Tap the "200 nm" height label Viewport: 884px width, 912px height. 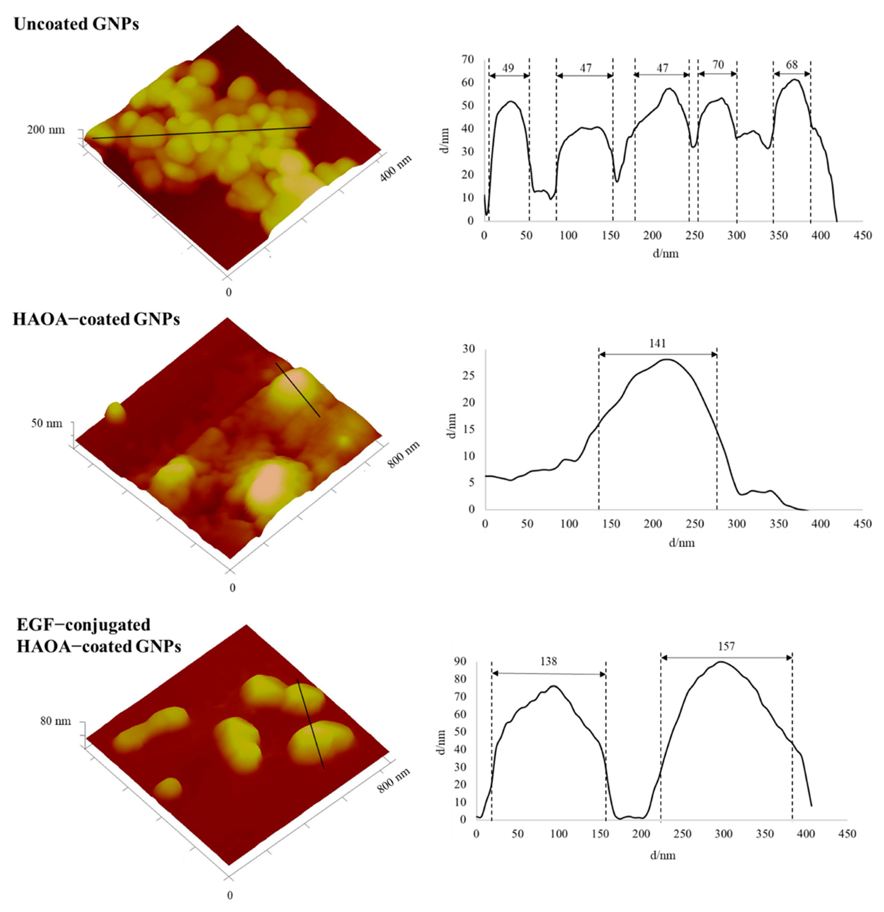(x=46, y=130)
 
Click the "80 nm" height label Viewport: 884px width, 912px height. (x=55, y=721)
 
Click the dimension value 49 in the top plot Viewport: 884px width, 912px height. (x=508, y=68)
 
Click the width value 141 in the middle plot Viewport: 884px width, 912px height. (x=657, y=343)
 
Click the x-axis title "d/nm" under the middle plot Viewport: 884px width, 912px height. (x=682, y=543)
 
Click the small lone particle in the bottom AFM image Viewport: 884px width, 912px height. (x=168, y=788)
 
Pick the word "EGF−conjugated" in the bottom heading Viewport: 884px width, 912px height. (x=83, y=624)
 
